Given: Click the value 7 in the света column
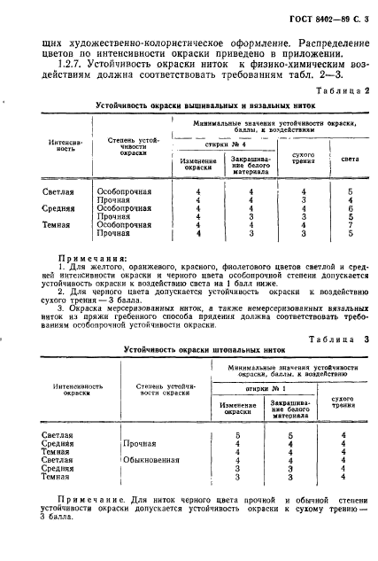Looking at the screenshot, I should coord(351,225).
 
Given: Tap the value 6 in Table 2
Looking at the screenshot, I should coord(351,207).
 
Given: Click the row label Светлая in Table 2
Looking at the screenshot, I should coord(58,190).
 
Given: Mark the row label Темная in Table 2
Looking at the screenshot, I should coord(58,225).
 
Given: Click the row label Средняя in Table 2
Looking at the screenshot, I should coord(58,207).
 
